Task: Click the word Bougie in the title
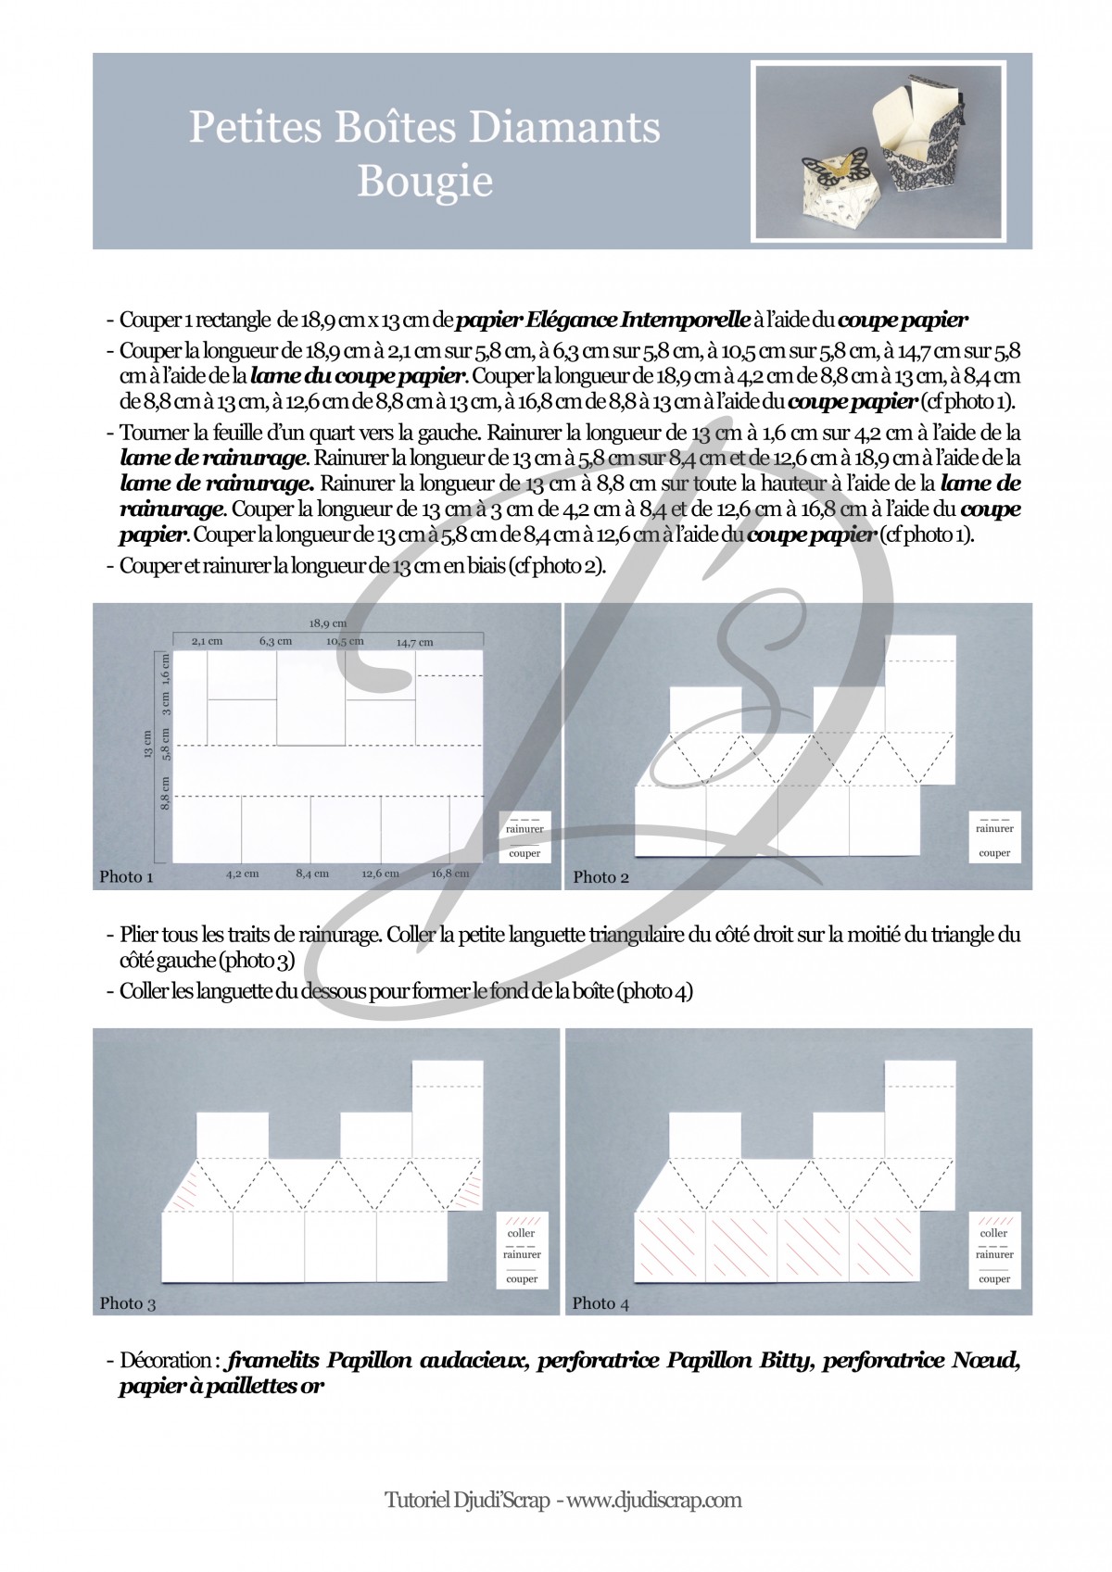click(x=424, y=181)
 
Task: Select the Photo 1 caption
click(x=126, y=876)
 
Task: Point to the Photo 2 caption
click(x=600, y=876)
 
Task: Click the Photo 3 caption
click(x=127, y=1303)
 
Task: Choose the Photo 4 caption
click(x=600, y=1303)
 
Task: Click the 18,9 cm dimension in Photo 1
click(x=327, y=623)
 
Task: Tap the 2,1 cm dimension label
click(x=208, y=641)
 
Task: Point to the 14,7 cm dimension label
click(x=414, y=642)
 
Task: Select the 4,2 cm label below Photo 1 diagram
click(x=243, y=874)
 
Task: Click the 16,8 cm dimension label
click(x=450, y=874)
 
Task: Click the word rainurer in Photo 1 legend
click(x=524, y=829)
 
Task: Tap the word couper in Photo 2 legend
click(x=994, y=853)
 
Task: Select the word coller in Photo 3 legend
click(x=522, y=1233)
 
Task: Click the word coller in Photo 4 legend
click(x=993, y=1233)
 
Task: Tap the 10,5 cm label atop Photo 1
click(x=345, y=641)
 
